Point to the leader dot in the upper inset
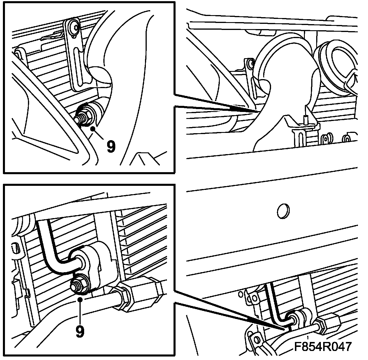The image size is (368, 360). pyautogui.click(x=93, y=129)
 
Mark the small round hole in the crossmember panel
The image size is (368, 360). pyautogui.click(x=283, y=211)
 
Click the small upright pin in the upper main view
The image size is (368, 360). pyautogui.click(x=306, y=118)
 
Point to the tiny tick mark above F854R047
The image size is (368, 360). pyautogui.click(x=308, y=338)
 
